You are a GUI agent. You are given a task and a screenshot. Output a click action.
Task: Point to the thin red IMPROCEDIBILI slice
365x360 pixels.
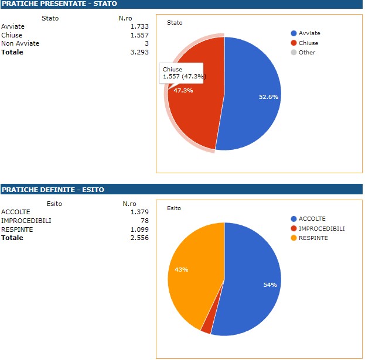coord(207,325)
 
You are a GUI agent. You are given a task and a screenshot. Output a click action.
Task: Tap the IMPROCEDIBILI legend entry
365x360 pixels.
coord(317,228)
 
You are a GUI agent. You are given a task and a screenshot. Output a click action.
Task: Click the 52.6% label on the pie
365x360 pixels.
coord(268,97)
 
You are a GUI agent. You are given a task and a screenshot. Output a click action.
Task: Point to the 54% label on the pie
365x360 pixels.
coord(270,285)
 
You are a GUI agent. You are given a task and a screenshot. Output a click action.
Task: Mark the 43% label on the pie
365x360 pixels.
coord(181,270)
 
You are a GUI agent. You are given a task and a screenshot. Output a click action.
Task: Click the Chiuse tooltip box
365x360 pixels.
coord(185,73)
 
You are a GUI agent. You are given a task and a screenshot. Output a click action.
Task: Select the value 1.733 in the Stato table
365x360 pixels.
coord(139,27)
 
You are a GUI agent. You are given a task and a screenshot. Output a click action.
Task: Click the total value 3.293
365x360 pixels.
coord(139,52)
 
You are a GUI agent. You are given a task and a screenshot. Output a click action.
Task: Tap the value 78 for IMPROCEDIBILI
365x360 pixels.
coord(144,221)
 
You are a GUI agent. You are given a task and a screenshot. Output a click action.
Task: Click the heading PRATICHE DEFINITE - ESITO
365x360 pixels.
coord(53,190)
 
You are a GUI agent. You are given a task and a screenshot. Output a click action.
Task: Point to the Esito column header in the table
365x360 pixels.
coord(54,204)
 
